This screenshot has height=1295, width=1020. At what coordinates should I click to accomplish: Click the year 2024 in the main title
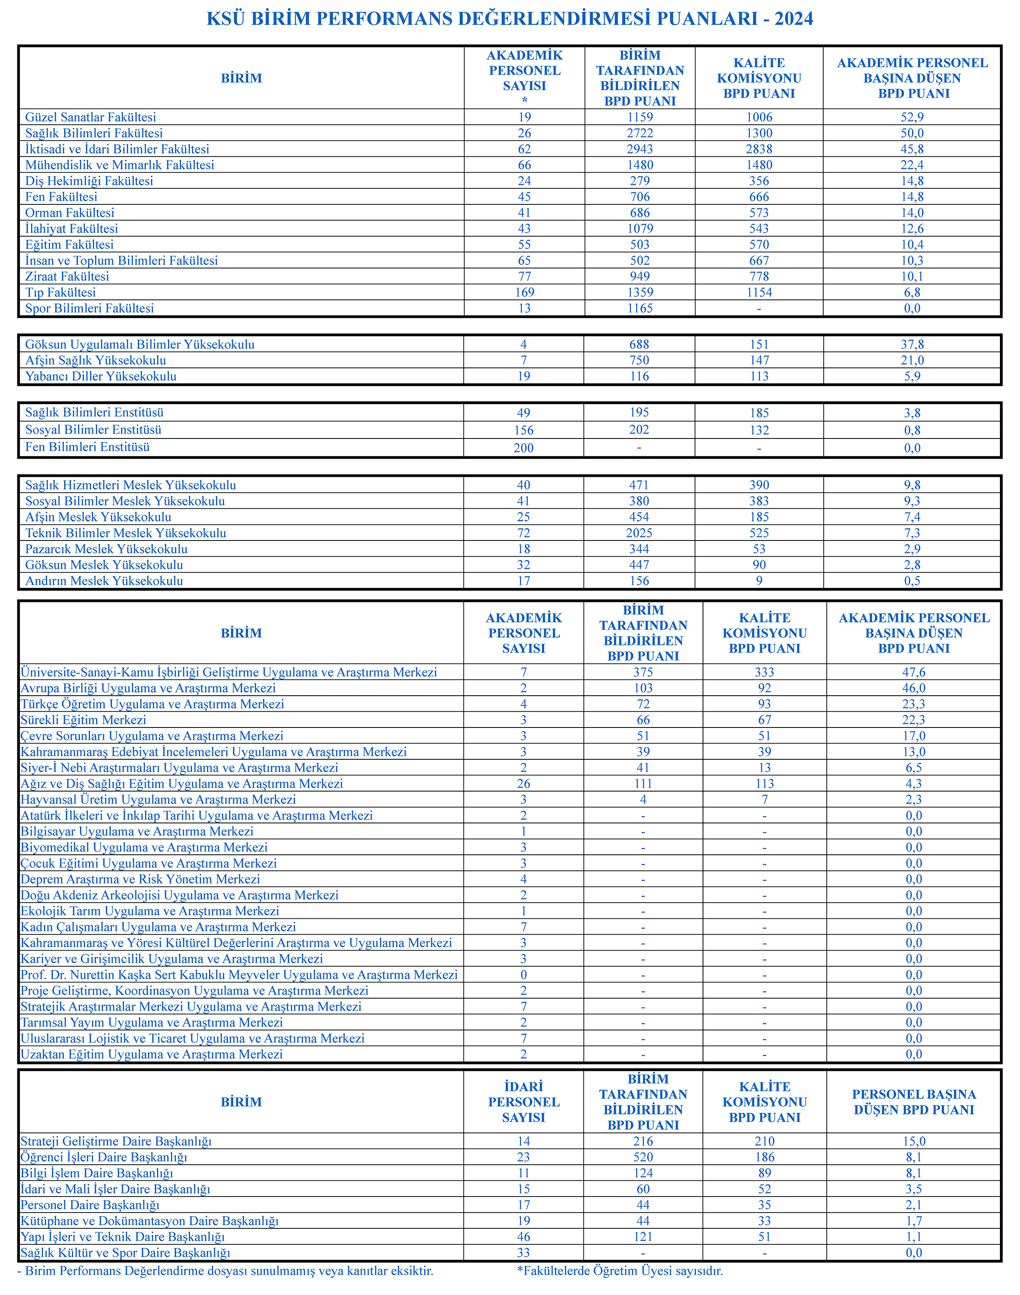click(794, 18)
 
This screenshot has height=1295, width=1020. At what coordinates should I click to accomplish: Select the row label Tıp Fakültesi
click(60, 292)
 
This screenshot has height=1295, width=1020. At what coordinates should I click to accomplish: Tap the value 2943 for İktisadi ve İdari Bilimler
click(640, 149)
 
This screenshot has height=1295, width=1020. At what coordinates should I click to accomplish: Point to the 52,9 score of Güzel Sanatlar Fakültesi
click(912, 117)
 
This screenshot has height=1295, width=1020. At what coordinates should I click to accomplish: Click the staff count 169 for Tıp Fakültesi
click(524, 292)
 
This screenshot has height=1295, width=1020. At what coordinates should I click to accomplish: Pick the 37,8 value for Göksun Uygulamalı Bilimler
click(912, 344)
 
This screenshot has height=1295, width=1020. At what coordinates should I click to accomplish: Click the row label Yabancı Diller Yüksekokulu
click(101, 376)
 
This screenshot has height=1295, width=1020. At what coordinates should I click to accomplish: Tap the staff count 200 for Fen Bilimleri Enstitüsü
click(524, 448)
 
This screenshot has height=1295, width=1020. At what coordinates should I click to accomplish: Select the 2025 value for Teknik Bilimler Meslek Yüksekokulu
click(640, 533)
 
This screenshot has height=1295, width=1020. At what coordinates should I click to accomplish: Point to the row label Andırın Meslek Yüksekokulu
click(104, 581)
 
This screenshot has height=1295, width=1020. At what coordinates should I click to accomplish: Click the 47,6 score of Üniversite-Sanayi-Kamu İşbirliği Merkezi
click(914, 672)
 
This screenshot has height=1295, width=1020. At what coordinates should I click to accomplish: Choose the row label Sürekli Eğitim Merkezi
click(84, 720)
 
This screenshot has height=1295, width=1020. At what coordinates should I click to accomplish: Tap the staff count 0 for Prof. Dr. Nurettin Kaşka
click(524, 975)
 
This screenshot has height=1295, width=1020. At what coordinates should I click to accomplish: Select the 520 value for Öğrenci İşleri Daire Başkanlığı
click(643, 1156)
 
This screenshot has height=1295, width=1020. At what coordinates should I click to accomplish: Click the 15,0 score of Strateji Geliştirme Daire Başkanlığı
click(914, 1141)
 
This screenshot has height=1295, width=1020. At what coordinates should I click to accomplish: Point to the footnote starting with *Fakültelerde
click(620, 1271)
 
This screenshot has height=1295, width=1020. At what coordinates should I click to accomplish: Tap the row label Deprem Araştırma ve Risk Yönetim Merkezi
click(140, 879)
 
